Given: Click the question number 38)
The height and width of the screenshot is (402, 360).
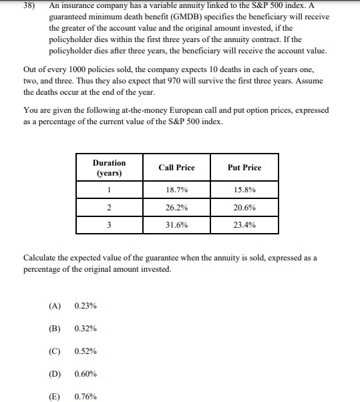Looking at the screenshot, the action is pos(31,6).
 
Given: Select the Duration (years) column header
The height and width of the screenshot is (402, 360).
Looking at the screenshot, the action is pos(109,168).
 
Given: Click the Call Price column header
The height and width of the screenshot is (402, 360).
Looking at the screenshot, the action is pos(176,168).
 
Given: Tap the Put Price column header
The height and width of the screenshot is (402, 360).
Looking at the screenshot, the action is pos(244,168).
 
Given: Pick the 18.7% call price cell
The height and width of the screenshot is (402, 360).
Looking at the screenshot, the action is pos(176,190).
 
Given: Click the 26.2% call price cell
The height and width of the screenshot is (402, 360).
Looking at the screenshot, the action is pos(176,208).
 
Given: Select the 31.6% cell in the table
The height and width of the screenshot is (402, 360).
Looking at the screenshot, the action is pos(176,225).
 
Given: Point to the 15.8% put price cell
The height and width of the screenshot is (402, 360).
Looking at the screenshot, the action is pos(244,190).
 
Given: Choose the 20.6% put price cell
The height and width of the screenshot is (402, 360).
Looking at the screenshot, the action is pos(244,208).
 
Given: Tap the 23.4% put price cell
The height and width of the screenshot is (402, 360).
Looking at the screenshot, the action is pos(244,225).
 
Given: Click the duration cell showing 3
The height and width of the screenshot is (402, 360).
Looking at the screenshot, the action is pos(109,225).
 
